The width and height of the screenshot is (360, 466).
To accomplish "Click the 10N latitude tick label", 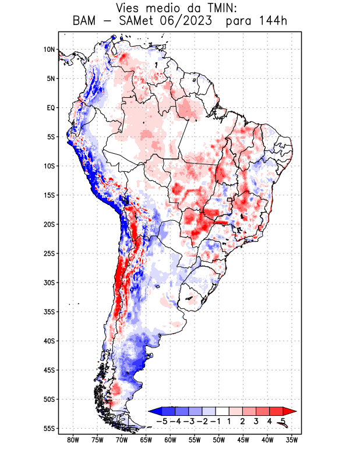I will point(49,50).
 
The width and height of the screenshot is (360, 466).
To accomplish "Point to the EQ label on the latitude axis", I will point(51,108).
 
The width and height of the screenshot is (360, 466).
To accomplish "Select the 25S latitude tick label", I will point(49,253).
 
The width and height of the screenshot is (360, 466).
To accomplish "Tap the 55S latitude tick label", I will point(49,428).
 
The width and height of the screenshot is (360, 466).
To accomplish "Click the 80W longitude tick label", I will point(73,440).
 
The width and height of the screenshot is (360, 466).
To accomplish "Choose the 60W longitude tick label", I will point(171,440).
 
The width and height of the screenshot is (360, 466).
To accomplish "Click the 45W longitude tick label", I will point(243,440).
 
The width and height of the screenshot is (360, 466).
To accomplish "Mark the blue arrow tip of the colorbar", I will point(153,411).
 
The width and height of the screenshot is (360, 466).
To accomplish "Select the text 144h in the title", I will point(271,22).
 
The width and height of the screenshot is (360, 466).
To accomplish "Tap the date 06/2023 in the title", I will point(195,22).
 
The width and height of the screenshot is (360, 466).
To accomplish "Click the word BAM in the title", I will point(86,22).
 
